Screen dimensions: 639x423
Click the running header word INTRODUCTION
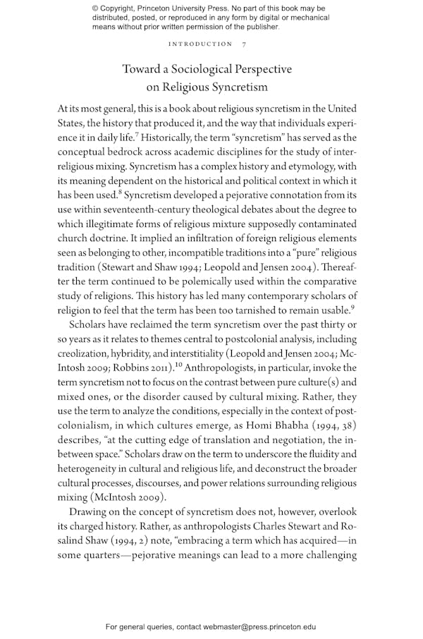click(x=200, y=44)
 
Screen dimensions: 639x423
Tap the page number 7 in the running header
click(x=244, y=44)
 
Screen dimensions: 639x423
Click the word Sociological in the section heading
click(x=207, y=70)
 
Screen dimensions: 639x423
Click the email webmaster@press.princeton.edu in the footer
click(x=259, y=626)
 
